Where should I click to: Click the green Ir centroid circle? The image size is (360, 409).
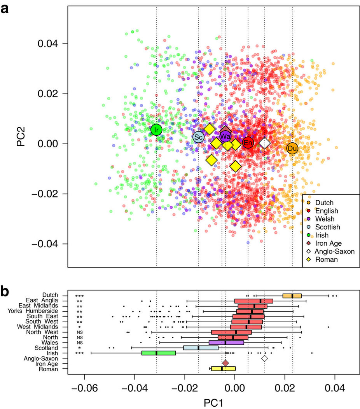pyautogui.click(x=156, y=129)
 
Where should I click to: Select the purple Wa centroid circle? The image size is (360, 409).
pyautogui.click(x=225, y=136)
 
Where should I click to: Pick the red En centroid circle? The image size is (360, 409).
pyautogui.click(x=248, y=143)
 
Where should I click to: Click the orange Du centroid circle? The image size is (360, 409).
pyautogui.click(x=292, y=148)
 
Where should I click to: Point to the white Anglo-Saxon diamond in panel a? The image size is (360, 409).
pyautogui.click(x=265, y=143)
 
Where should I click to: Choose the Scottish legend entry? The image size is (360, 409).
pyautogui.click(x=327, y=227)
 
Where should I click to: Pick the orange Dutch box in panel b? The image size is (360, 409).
pyautogui.click(x=292, y=296)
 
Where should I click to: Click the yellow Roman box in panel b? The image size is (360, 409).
pyautogui.click(x=223, y=369)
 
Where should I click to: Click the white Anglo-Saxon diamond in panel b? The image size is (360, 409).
pyautogui.click(x=265, y=358)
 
